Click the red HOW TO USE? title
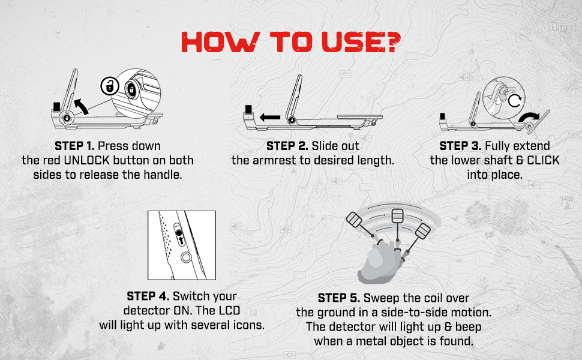(x=291, y=41)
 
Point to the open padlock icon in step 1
(x=110, y=86)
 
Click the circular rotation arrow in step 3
(x=514, y=100)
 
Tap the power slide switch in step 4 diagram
(x=179, y=234)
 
